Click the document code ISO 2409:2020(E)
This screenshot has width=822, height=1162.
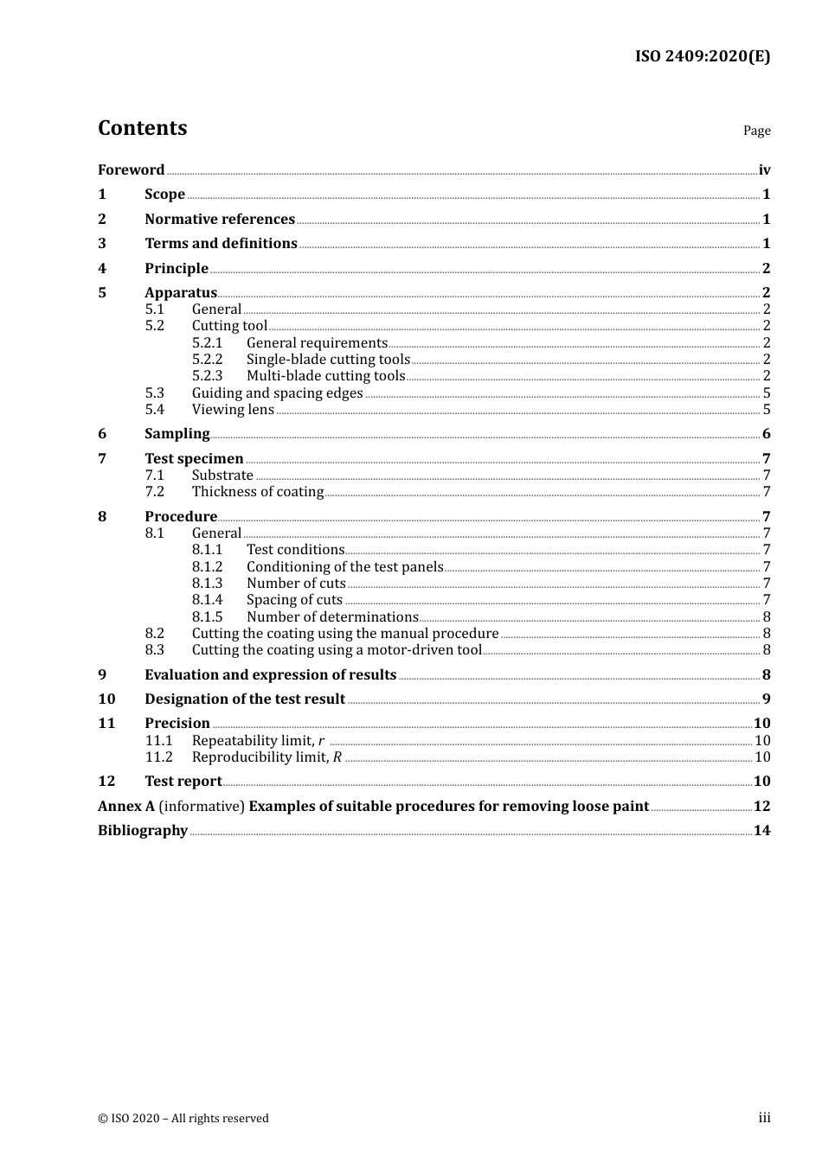(702, 56)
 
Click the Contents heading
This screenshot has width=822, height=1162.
(142, 128)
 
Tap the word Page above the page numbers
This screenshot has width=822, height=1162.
(756, 131)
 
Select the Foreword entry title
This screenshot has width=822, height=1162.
(131, 169)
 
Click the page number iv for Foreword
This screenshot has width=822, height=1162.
(764, 170)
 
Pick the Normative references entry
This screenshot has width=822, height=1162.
(220, 219)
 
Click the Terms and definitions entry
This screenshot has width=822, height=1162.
(221, 243)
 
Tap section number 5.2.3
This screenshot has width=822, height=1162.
(207, 375)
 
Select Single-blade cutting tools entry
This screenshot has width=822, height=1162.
(328, 359)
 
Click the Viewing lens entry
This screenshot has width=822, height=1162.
(233, 409)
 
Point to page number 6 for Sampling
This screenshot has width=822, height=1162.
(766, 434)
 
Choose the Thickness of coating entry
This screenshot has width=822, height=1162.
(257, 491)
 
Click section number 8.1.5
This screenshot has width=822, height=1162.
(207, 616)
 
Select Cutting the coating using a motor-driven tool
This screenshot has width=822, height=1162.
(337, 649)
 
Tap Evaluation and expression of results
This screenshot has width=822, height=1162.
(270, 674)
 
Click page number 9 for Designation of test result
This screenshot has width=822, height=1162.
(766, 699)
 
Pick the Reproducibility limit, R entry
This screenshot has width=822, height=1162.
(267, 757)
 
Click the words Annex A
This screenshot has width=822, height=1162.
(126, 806)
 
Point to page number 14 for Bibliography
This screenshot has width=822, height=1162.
(761, 830)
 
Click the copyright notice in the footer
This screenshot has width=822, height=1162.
(183, 1118)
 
